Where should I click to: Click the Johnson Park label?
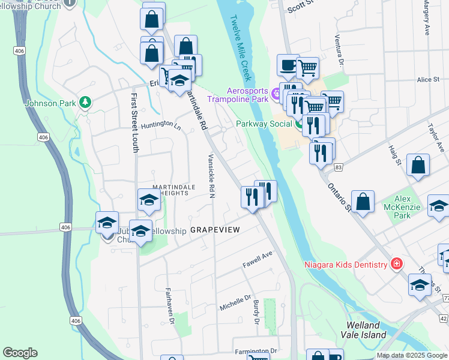(x=50, y=103)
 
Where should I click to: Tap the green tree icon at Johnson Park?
(x=85, y=103)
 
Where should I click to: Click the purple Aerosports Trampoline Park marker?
(x=276, y=93)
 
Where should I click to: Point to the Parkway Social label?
(x=264, y=124)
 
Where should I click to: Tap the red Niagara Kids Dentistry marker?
(x=396, y=263)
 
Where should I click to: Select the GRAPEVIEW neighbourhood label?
(x=215, y=230)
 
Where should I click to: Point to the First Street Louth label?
(x=134, y=122)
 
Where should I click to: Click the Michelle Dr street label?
(x=235, y=302)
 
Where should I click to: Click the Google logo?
(x=20, y=353)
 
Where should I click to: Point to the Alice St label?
(x=429, y=79)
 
